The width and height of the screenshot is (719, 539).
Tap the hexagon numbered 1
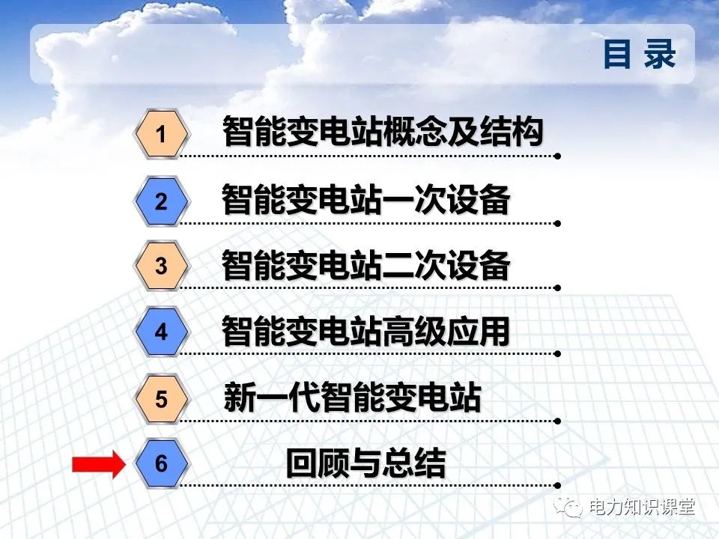point(160,135)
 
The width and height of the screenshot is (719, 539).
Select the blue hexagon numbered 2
point(161,201)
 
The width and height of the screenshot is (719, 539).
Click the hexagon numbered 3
point(161,266)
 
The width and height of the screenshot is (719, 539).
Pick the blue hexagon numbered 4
point(161,332)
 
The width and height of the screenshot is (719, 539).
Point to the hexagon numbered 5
point(161,399)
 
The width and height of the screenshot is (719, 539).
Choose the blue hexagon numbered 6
point(161,464)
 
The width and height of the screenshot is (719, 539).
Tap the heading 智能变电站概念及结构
point(382,133)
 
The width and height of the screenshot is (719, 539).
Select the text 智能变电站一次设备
point(366,201)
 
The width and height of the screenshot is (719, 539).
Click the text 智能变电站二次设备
point(366,266)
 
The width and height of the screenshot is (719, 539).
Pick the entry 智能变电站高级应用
point(366,332)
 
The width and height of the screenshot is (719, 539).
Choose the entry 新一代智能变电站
point(352,398)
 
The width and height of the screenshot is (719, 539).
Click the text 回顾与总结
point(365,464)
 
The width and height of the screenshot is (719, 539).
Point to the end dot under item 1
point(557,156)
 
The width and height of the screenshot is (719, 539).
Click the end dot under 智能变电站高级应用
point(557,353)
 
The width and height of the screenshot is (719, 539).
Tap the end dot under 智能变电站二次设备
point(557,287)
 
